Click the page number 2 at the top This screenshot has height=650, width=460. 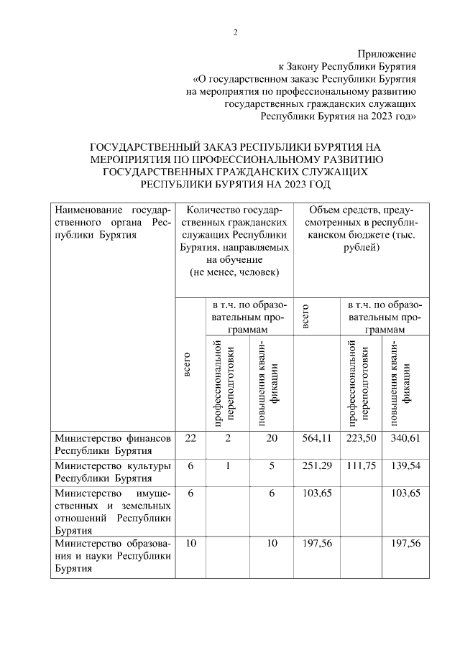[x=234, y=32]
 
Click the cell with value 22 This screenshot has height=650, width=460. [x=190, y=438]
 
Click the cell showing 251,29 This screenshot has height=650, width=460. [x=317, y=465]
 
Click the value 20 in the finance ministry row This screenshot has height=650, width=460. [x=271, y=438]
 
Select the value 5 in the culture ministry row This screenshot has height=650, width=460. [x=271, y=465]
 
